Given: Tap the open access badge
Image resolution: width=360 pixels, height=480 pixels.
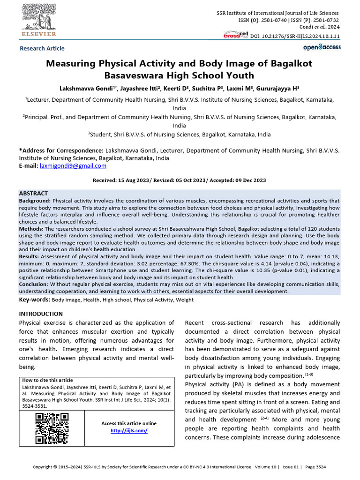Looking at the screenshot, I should click(x=322, y=47).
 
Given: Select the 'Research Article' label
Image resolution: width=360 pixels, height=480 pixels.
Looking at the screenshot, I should click(x=42, y=48).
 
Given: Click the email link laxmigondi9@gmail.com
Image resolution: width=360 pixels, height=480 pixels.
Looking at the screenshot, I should click(x=73, y=166).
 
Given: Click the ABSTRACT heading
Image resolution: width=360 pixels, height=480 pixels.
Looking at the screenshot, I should click(x=33, y=193).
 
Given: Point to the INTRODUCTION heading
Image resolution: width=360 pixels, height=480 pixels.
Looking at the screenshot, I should click(x=41, y=314).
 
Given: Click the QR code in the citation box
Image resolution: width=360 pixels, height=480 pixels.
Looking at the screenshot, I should click(x=52, y=428).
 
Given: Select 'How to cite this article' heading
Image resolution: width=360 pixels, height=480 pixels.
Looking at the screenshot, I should click(x=48, y=380).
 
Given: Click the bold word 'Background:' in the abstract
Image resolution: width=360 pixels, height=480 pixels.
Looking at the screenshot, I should click(x=35, y=200).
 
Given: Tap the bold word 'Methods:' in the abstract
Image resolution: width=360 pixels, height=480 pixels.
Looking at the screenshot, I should click(x=31, y=229).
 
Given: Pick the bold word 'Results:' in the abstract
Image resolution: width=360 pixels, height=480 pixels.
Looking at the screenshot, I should click(x=29, y=257).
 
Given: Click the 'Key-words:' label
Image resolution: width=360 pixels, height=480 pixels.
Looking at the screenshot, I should click(x=34, y=299).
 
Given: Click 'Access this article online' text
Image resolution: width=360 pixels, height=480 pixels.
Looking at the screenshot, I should click(x=129, y=423).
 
